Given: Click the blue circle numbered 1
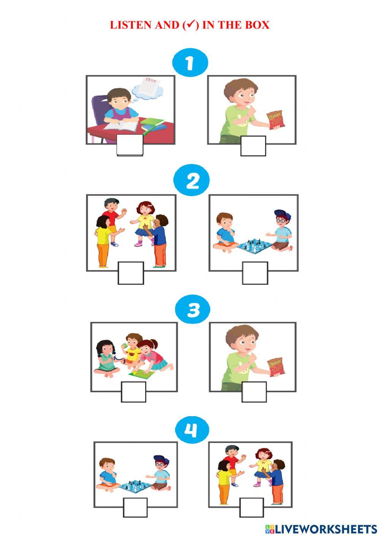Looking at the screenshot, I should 190,63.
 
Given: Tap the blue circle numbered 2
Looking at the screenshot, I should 192,181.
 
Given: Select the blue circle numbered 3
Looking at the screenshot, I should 193,310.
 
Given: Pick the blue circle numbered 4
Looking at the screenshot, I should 192,431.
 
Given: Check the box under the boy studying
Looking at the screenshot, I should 130,145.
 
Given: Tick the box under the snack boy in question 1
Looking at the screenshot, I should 253,146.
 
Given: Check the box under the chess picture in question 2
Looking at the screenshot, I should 255,273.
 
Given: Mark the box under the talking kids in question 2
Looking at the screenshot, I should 131,273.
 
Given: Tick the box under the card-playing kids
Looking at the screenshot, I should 133,392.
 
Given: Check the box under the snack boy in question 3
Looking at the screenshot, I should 254,392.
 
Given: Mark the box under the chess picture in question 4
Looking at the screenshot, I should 135,507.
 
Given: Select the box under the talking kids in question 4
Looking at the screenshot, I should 252,507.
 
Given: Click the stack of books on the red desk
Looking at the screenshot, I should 154,124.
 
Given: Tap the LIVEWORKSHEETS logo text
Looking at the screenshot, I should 325,529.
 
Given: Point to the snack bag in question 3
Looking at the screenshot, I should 276,367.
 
